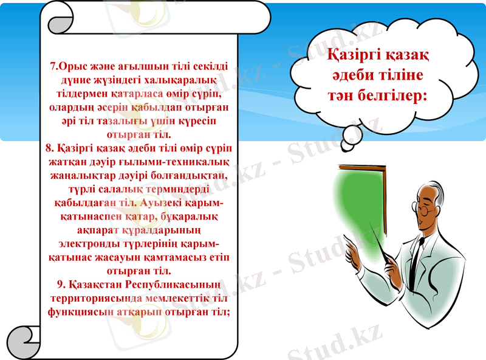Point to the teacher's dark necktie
[418, 255]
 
